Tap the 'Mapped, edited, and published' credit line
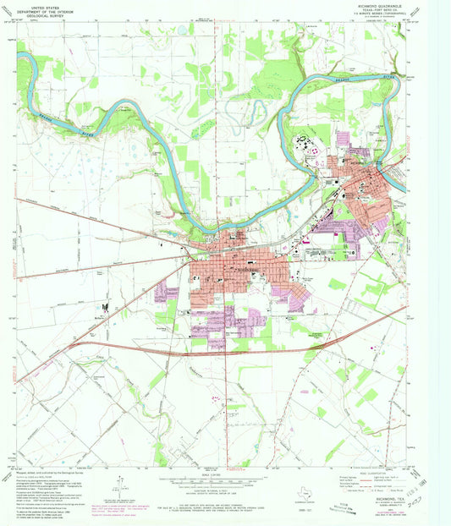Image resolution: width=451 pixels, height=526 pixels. [47, 472]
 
